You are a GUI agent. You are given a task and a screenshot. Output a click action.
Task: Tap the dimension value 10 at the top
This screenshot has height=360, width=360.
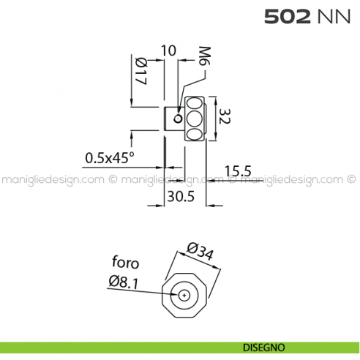[x=168, y=50]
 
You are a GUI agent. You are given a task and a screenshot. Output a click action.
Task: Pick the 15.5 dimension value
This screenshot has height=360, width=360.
[x=238, y=171]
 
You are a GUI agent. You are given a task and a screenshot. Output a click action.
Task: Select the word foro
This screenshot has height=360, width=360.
[x=125, y=262]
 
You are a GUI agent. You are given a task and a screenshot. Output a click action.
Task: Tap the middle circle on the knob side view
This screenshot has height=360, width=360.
[x=195, y=117]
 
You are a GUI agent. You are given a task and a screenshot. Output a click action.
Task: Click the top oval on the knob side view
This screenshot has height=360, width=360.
[x=195, y=102]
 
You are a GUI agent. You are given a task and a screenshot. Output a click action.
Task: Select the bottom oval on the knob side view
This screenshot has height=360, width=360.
[x=195, y=132]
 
